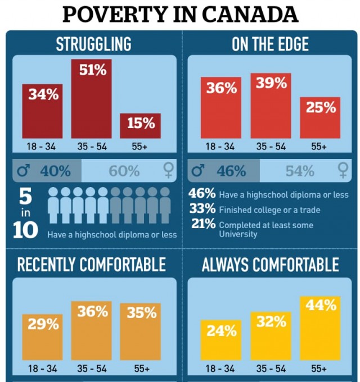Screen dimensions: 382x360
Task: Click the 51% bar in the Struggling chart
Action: click(x=91, y=98)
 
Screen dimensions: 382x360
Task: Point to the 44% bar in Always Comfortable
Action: click(x=320, y=328)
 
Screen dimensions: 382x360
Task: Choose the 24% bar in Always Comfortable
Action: click(x=221, y=340)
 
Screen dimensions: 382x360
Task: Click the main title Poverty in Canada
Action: click(x=180, y=15)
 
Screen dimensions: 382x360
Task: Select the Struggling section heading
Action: click(x=93, y=44)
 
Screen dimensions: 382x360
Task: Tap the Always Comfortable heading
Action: click(x=271, y=265)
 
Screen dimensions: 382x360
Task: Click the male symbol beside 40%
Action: click(x=24, y=170)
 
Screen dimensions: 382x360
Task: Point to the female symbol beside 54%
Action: click(x=342, y=170)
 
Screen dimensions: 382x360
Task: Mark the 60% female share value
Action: click(x=124, y=171)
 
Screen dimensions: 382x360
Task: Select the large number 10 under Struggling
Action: click(x=25, y=231)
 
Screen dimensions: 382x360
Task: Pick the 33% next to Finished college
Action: click(x=202, y=209)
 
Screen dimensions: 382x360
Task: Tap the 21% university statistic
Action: click(x=202, y=224)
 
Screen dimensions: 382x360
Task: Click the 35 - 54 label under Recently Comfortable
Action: click(x=91, y=369)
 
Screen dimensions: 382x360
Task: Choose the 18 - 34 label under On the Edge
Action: click(x=220, y=147)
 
